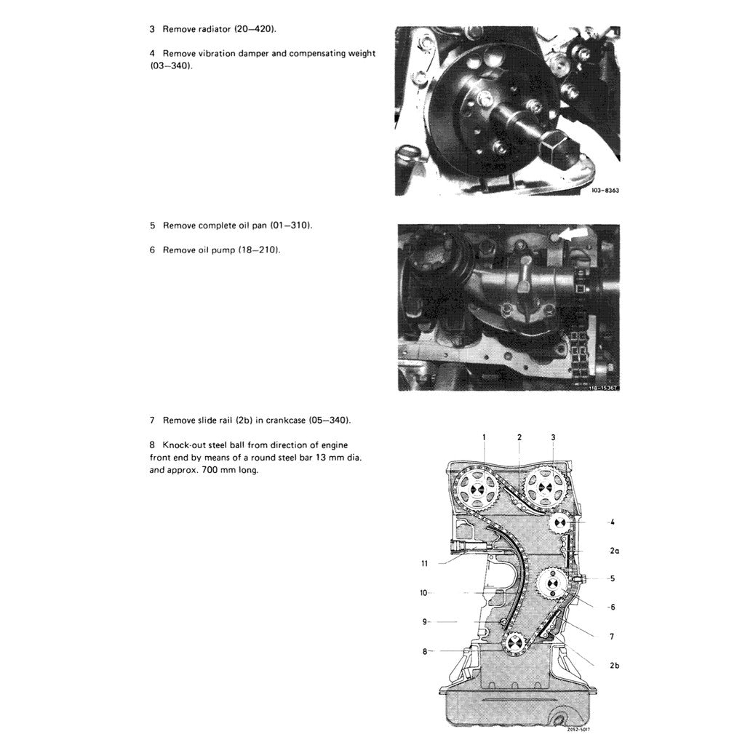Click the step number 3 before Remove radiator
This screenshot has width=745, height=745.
pos(152,30)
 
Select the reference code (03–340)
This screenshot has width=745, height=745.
pos(170,65)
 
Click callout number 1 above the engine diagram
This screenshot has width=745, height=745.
pos(485,437)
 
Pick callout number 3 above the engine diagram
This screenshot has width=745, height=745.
pos(553,437)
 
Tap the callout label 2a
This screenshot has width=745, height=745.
pos(614,551)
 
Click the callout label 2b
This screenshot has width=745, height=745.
pos(614,664)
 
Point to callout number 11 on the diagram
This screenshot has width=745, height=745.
pos(425,563)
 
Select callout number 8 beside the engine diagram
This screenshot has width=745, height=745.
pos(425,651)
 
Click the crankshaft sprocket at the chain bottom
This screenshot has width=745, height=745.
pos(514,644)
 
